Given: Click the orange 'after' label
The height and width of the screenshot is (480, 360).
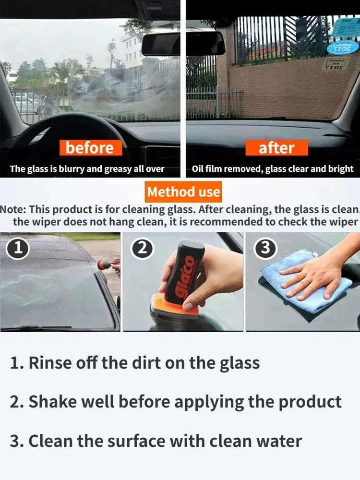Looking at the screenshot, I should point(276,148).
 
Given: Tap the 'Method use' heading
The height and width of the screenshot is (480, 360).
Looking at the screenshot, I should point(183,192).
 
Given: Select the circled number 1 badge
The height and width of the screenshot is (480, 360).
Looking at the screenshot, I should point(18,248).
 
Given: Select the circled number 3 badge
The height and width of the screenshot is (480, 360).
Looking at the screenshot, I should point(267,248).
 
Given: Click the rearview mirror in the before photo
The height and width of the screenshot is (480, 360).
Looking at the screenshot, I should point(161,45).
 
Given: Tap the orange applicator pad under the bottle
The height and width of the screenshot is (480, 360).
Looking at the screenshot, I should point(175,307).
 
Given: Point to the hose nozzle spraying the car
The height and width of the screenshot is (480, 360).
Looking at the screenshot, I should point(105,264).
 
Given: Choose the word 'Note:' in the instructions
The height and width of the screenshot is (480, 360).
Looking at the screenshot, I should point(13,210).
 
